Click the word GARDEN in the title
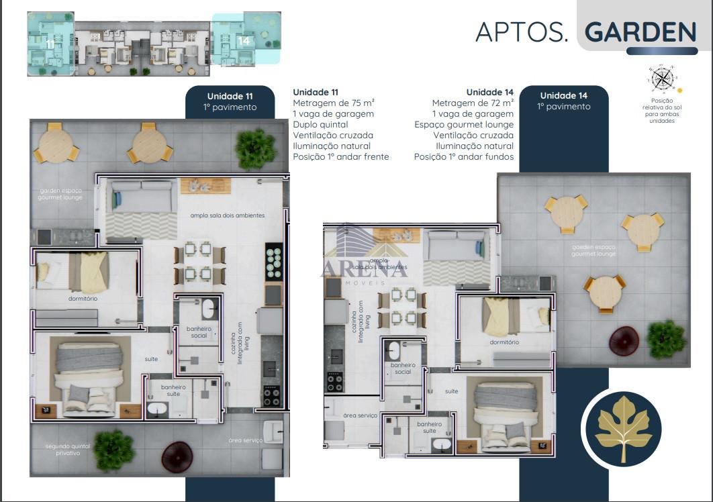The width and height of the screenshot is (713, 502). tap(640, 32)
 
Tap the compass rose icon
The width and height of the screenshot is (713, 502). tap(662, 79)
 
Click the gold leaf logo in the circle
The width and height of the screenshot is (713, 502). tap(623, 428)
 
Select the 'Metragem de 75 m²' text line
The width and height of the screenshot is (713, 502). tap(333, 103)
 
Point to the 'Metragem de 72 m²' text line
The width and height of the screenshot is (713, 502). tap(473, 103)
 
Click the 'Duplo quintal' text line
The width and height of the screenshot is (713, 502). tap(320, 124)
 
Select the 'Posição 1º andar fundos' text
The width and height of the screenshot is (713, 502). tap(463, 156)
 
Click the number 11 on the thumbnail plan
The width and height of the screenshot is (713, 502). tap(50, 43)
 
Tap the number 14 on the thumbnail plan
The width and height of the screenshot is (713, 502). tap(244, 41)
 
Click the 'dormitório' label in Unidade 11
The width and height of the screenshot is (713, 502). tap(83, 298)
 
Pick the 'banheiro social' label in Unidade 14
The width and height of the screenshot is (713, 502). tap(403, 368)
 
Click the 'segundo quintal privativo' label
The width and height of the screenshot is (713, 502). tap(62, 450)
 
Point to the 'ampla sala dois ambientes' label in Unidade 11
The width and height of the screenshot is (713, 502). tap(227, 215)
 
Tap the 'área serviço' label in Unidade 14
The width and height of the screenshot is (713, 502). tap(360, 415)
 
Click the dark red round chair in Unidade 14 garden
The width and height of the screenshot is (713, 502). tap(623, 340)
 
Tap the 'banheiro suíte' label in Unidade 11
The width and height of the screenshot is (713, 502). tap(164, 391)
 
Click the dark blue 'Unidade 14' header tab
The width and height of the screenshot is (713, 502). tap(563, 101)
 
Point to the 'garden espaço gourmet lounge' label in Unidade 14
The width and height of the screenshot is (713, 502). tap(593, 250)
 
